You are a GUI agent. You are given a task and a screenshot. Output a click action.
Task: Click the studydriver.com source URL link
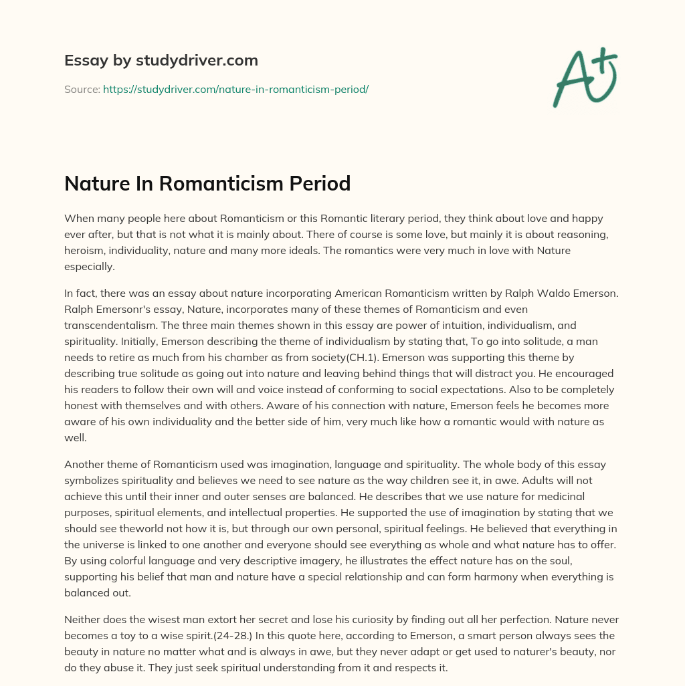click(235, 89)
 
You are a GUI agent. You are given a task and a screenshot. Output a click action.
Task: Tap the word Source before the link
click(82, 89)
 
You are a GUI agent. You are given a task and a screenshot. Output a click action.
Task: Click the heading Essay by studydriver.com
click(161, 60)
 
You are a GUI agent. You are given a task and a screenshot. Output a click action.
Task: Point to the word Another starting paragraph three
click(85, 464)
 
